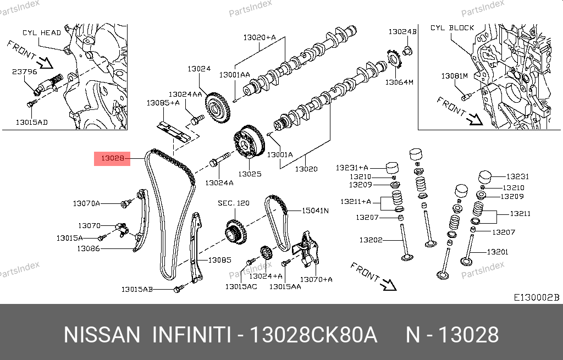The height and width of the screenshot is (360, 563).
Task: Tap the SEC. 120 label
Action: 233,203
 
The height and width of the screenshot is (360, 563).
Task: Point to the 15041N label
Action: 315,210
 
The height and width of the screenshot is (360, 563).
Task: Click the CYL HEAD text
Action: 42,33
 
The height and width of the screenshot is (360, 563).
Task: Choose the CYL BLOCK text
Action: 452,27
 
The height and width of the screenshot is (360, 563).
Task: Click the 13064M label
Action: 399,82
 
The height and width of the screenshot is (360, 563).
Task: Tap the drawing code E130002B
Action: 536,297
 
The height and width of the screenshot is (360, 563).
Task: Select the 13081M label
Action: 454,75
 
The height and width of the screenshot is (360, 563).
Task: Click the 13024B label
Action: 402,32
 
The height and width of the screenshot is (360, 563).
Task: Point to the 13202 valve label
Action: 371,240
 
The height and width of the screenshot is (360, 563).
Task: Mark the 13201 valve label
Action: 498,252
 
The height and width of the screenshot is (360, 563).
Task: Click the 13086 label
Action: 88,248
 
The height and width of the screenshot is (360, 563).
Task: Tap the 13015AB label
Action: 137,289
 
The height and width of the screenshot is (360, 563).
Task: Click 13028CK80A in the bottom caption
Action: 313,335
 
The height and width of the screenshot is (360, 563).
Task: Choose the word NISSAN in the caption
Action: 102,335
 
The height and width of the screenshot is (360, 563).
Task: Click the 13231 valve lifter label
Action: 517,176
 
